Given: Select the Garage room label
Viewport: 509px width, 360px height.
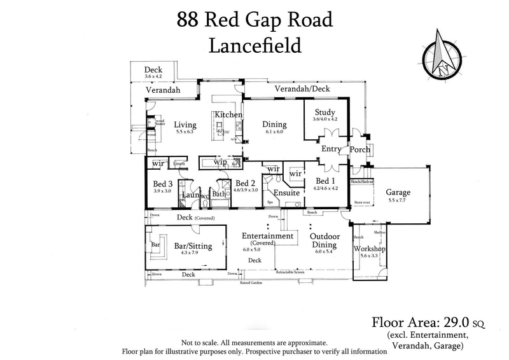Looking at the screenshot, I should (x=397, y=192).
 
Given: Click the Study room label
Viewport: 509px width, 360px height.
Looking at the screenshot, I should (x=325, y=111).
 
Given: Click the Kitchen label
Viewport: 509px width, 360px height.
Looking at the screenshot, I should (x=228, y=114).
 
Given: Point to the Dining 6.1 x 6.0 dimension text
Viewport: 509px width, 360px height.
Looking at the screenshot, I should (x=274, y=132).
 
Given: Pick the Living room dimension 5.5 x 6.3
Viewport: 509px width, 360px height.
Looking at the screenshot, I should (x=185, y=132).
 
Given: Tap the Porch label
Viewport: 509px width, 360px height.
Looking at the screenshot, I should (x=360, y=149).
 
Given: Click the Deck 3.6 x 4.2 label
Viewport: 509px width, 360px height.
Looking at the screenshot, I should (x=153, y=73).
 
